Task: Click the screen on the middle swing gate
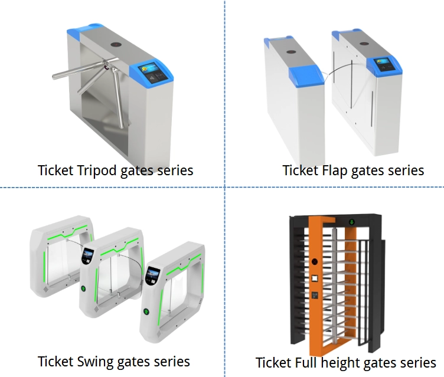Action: point(89,256)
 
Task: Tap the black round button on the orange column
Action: point(315,261)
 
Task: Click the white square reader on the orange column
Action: point(315,277)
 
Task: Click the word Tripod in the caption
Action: point(98,171)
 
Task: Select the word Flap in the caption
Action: point(334,171)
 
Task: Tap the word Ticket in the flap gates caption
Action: point(301,171)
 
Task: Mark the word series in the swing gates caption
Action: point(168,361)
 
